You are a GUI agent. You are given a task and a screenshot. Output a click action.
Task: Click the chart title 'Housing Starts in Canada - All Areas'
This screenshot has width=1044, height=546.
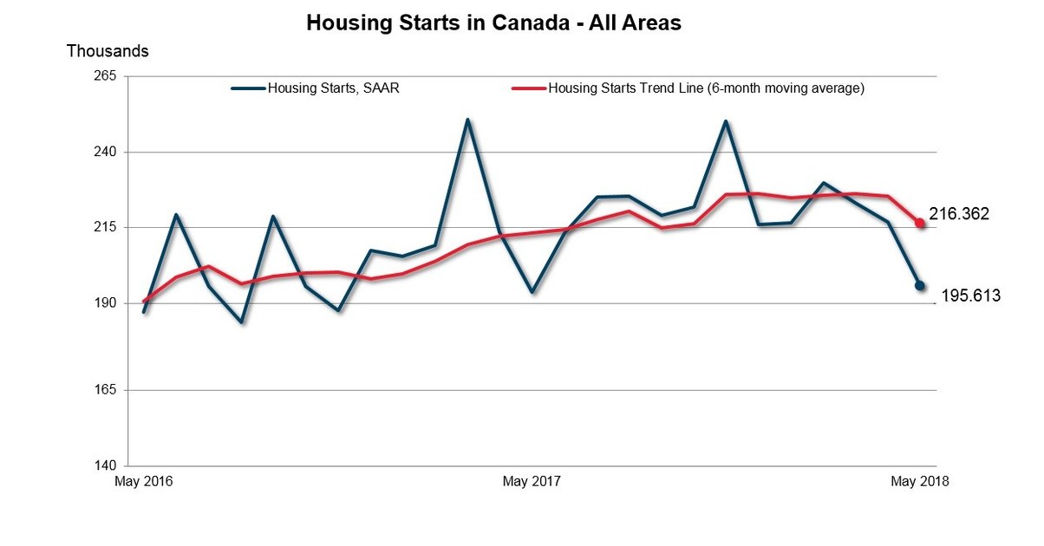(x=493, y=23)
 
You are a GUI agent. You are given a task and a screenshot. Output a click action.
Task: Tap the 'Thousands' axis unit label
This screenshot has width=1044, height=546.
(x=108, y=51)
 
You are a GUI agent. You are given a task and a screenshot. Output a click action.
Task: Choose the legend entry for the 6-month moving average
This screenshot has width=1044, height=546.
(x=706, y=88)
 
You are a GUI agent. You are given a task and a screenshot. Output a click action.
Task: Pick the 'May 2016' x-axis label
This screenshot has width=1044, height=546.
(x=143, y=482)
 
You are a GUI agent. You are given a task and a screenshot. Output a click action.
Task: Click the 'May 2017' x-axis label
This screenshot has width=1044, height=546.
(x=532, y=482)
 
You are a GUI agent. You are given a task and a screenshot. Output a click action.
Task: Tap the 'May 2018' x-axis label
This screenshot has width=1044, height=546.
(x=920, y=482)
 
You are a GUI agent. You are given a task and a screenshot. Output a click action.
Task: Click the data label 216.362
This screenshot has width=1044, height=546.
(x=959, y=213)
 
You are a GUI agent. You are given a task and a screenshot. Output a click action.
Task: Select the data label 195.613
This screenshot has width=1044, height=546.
(x=970, y=296)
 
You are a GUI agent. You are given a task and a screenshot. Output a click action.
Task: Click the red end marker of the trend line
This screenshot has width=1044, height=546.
(x=920, y=223)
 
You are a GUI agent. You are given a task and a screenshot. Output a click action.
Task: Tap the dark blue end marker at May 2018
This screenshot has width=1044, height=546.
(x=920, y=285)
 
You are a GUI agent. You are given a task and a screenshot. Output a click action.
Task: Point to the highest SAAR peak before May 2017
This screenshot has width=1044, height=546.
(x=467, y=120)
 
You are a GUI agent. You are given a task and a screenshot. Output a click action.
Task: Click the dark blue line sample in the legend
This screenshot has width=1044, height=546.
(x=248, y=88)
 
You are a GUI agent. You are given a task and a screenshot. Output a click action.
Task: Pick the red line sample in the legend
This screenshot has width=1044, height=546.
(x=529, y=88)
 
